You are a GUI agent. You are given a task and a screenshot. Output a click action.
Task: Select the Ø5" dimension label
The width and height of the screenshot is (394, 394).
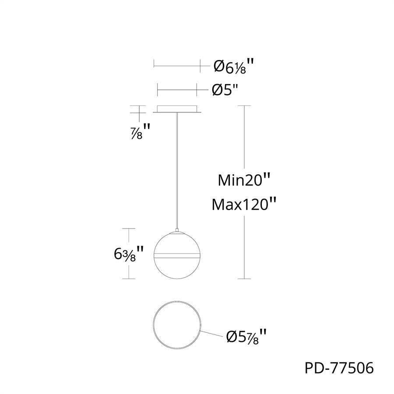click(x=225, y=89)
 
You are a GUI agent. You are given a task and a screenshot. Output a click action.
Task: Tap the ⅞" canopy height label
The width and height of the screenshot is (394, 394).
click(x=141, y=132)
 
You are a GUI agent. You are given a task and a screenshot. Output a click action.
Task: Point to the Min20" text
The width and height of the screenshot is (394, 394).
click(x=244, y=180)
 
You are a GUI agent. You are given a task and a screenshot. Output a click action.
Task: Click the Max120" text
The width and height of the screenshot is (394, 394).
click(x=244, y=204)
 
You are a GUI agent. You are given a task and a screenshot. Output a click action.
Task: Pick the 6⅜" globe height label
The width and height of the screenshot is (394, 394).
click(x=128, y=254)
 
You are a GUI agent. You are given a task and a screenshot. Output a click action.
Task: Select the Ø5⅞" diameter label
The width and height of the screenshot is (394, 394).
click(x=246, y=337)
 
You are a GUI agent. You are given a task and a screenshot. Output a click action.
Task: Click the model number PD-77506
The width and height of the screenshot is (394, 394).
click(x=339, y=368)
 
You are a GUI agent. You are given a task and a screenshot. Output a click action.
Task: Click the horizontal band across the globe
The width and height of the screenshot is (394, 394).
click(x=177, y=256)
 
